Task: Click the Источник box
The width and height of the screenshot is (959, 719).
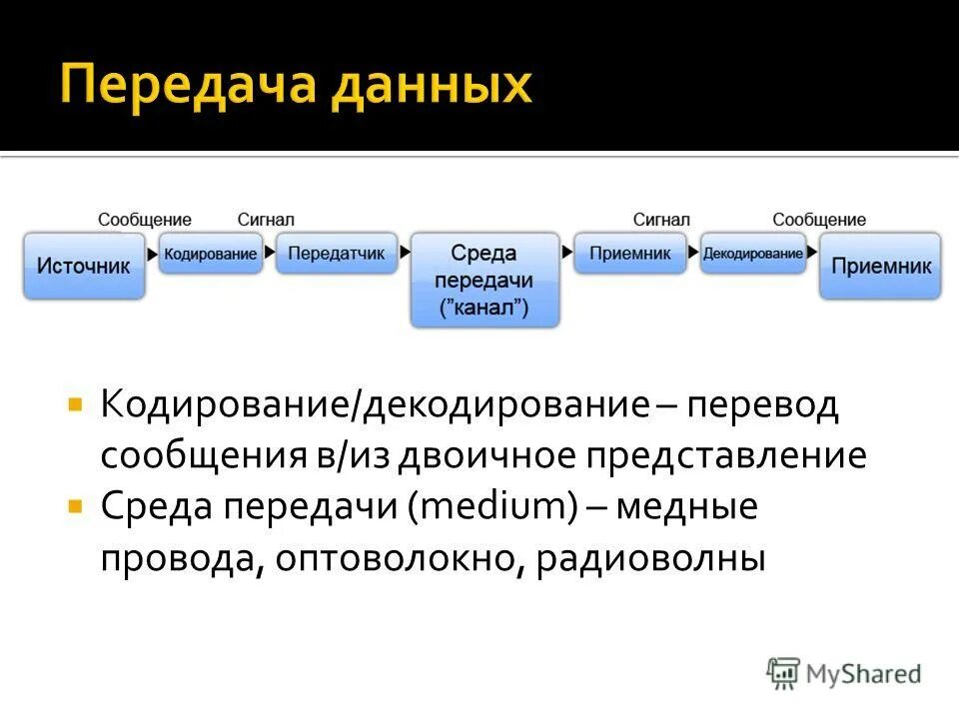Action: pos(84,267)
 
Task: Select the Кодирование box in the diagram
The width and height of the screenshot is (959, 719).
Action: pos(210,254)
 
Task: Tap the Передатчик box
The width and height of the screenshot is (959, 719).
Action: pos(336,254)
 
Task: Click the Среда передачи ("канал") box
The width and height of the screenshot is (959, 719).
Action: pos(485,281)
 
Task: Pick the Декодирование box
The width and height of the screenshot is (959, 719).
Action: pos(752,254)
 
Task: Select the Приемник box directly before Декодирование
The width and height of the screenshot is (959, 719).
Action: pos(629,254)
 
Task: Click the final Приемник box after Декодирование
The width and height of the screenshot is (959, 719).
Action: pos(880,267)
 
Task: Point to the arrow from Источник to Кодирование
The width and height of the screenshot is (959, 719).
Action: pos(152,255)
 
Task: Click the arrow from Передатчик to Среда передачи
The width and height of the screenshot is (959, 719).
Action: pos(405,255)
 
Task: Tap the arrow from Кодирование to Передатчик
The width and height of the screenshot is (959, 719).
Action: pos(269,255)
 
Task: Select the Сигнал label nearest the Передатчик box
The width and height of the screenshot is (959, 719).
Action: pos(266,220)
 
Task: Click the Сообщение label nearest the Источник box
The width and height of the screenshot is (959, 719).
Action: pos(145,220)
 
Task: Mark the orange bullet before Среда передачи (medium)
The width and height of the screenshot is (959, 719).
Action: pos(74,506)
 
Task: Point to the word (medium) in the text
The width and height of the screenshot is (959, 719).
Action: pos(491,507)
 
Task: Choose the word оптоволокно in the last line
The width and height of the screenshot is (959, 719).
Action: pos(392,558)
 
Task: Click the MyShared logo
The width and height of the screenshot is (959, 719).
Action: pos(844,673)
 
